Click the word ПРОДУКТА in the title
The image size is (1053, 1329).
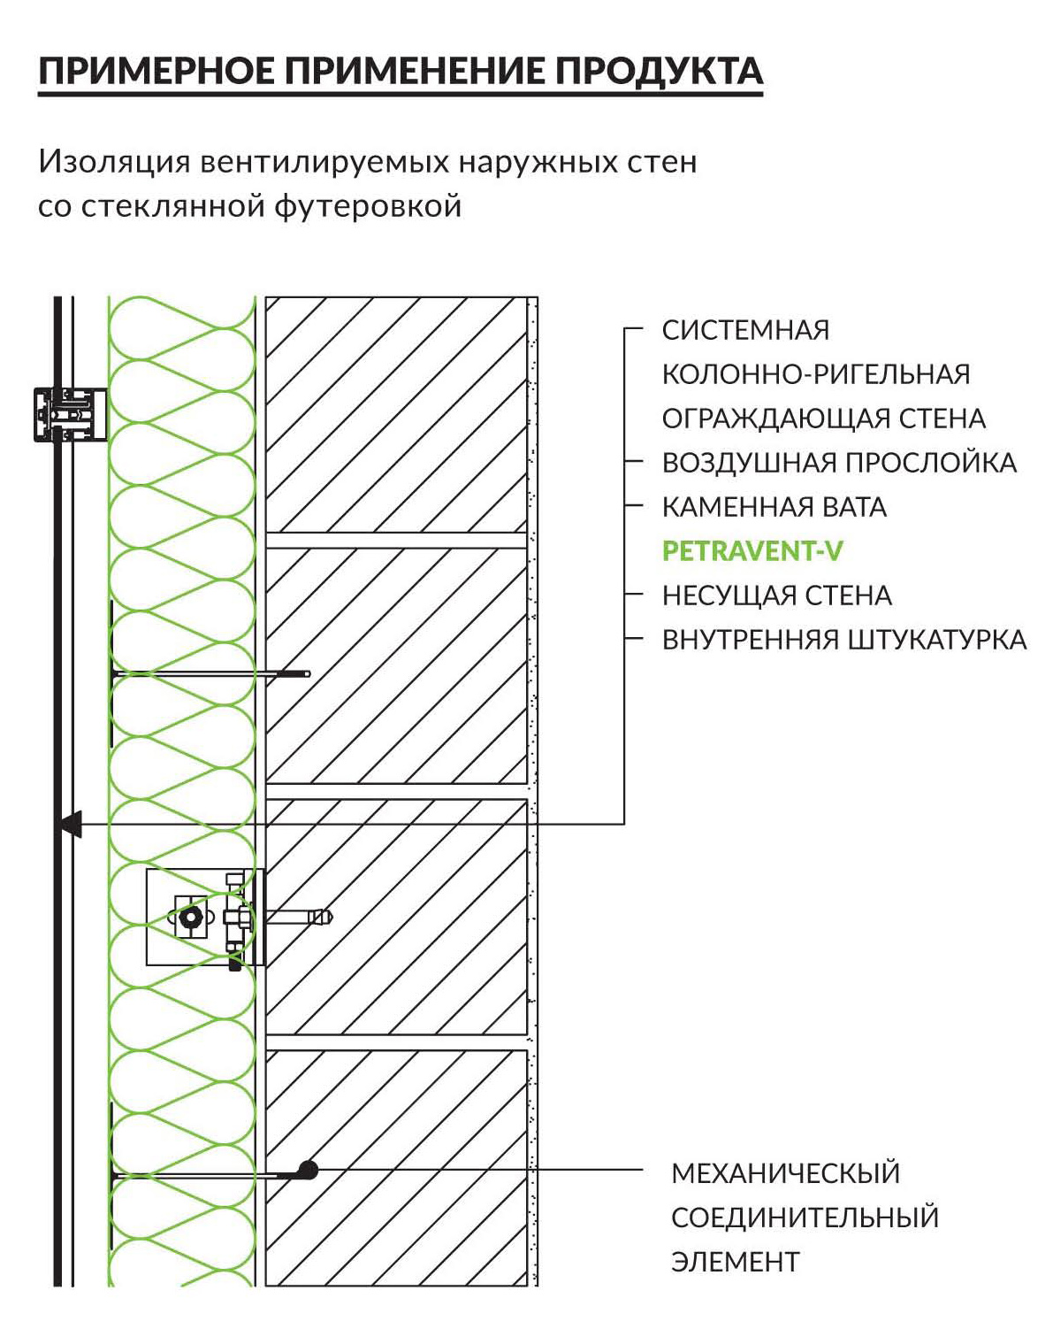pyautogui.click(x=659, y=71)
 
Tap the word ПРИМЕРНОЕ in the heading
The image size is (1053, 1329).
pyautogui.click(x=157, y=71)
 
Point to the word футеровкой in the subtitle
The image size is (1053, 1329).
pyautogui.click(x=368, y=205)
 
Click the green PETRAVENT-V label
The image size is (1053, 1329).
pyautogui.click(x=752, y=551)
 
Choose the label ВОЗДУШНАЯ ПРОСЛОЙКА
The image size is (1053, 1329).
pyautogui.click(x=839, y=463)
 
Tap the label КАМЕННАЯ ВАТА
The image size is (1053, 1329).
pyautogui.click(x=774, y=507)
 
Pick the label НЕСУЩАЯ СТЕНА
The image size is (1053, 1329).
pyautogui.click(x=777, y=595)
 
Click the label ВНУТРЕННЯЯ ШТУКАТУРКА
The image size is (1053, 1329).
pyautogui.click(x=844, y=640)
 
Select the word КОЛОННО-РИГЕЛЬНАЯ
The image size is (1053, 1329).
pyautogui.click(x=816, y=374)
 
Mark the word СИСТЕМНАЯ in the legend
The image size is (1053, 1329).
pyautogui.click(x=745, y=330)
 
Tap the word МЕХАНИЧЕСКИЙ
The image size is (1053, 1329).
pyautogui.click(x=786, y=1172)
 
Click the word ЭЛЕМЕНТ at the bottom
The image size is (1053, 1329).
pyautogui.click(x=735, y=1262)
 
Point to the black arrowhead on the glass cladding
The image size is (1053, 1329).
pyautogui.click(x=71, y=824)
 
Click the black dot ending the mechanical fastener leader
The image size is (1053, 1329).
pyautogui.click(x=308, y=1169)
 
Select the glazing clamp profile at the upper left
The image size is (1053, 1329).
pyautogui.click(x=70, y=414)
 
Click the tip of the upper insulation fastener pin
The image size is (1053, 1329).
pyautogui.click(x=308, y=673)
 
